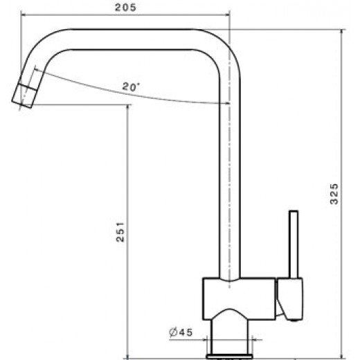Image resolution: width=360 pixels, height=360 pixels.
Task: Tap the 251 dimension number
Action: tap(118, 232)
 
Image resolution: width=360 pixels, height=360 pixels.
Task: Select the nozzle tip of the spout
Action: tap(26, 93)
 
